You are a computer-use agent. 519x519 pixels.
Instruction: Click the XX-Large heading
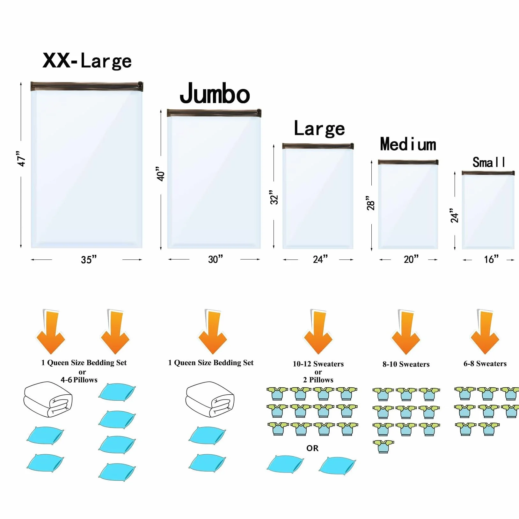pos(87,61)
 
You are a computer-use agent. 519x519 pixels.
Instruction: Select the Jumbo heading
pos(215,93)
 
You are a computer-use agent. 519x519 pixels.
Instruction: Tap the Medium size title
pos(408,144)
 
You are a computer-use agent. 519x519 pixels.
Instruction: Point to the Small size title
pos(489,162)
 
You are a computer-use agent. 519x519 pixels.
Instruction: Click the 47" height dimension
pos(21,159)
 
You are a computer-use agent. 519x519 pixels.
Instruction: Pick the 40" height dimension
pos(161,174)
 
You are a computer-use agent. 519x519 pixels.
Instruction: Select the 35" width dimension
pos(89,259)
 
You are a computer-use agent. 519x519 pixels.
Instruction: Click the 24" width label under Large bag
pos(320,259)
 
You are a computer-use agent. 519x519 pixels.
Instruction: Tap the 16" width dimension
pos(491,259)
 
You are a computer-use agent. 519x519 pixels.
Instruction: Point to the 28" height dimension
pos(370,203)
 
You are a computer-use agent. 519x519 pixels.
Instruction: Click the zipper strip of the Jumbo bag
pos(214,113)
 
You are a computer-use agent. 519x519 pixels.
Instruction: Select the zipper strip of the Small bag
pos(488,173)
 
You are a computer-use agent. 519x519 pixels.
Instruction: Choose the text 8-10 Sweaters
pos(406,364)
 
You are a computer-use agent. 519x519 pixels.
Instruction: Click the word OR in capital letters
pos(312,448)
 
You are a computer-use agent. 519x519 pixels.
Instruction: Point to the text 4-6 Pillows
pos(79,380)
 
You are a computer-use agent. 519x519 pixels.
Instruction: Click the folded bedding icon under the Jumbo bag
pos(210,399)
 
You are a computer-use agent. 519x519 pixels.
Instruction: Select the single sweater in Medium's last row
pos(383,446)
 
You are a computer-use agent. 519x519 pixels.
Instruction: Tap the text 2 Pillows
pos(318,380)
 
